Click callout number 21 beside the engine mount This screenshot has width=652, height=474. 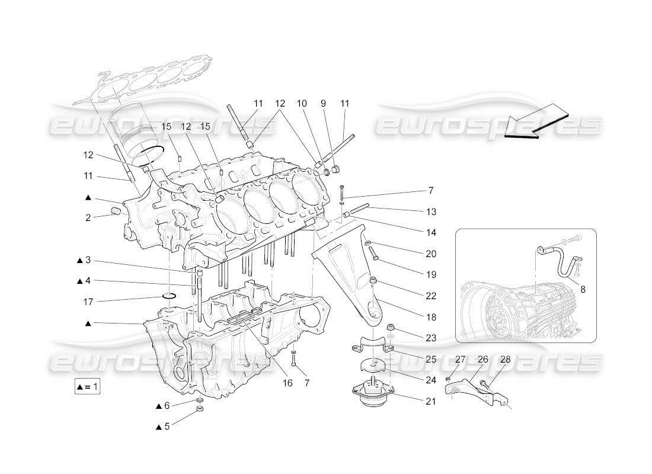point(430,401)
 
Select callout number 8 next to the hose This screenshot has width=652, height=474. point(583,290)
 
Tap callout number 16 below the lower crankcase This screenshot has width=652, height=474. point(287,383)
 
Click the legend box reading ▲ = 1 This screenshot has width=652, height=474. point(87,387)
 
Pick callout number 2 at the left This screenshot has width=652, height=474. point(88,218)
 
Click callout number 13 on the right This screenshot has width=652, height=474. point(431,212)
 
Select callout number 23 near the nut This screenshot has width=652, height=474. point(430,338)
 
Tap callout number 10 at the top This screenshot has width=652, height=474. point(302,104)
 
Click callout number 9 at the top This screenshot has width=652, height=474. point(323,104)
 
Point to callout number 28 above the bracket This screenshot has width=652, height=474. point(505,359)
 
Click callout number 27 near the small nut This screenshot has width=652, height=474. point(461,359)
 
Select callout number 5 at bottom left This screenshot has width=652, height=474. point(167,427)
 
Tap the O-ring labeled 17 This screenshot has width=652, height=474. point(170,295)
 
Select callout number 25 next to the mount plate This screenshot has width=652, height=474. point(430,359)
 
